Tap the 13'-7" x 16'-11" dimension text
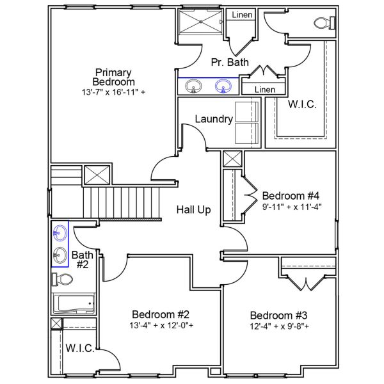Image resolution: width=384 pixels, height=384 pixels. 113,92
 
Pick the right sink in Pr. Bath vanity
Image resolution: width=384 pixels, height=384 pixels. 223,86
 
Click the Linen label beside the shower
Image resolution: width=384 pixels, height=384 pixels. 242,15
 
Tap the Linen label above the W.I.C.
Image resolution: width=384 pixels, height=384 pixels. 264,90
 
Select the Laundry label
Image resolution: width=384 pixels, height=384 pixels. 213,119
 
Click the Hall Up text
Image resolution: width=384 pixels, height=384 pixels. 194,210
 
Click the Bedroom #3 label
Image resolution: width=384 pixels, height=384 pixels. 278,316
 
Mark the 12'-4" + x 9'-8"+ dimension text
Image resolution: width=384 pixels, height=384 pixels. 279,326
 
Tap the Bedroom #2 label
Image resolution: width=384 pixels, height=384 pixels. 161,314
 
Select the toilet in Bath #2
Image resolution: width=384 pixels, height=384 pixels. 62,280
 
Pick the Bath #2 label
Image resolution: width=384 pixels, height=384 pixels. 81,259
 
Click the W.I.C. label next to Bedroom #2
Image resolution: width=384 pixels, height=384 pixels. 80,349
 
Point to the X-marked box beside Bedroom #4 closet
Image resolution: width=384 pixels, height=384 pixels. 232,159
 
